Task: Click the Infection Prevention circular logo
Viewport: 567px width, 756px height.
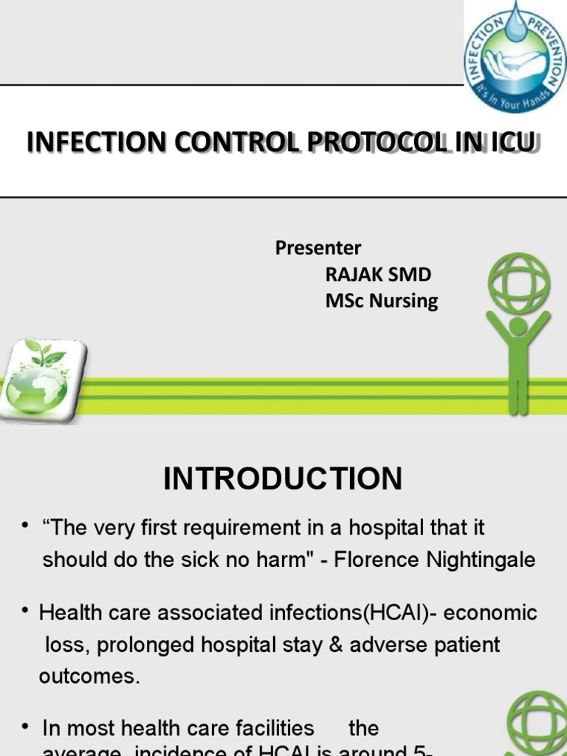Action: pyautogui.click(x=515, y=57)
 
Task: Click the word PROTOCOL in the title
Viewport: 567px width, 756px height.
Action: pyautogui.click(x=374, y=142)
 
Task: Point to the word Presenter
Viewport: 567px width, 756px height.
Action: pyautogui.click(x=318, y=248)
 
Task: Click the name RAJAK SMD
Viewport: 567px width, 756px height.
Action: pyautogui.click(x=378, y=275)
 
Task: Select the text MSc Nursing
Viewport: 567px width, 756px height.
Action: pyautogui.click(x=382, y=301)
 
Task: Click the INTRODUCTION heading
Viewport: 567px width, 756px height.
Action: pyautogui.click(x=283, y=479)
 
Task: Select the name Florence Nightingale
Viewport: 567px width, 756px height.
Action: pyautogui.click(x=435, y=560)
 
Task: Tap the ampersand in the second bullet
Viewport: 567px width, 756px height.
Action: pyautogui.click(x=336, y=645)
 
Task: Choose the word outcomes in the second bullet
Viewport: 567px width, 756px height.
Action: pyautogui.click(x=89, y=676)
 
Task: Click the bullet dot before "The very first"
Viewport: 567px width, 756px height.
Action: pyautogui.click(x=26, y=525)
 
